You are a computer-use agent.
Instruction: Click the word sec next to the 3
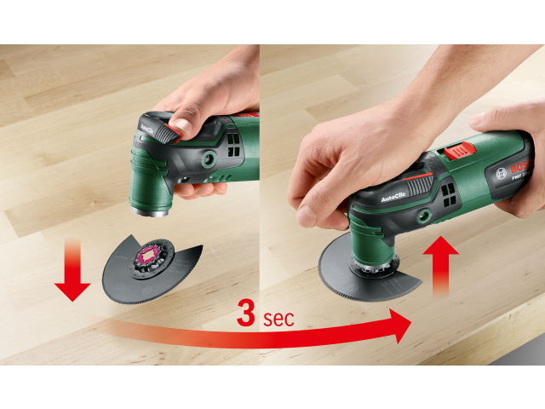coord(278,320)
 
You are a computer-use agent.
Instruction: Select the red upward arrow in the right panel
coord(441,268)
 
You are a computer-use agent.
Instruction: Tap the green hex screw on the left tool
coord(207,159)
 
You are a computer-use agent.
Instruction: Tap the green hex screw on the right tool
coord(420,219)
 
